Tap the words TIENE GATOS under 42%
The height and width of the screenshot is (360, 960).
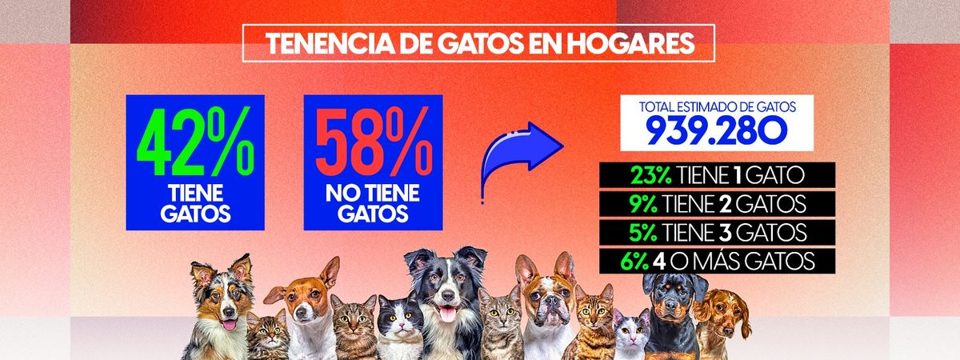point(195,205)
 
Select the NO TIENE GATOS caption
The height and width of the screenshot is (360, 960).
point(374,205)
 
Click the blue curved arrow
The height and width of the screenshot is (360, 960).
point(520,156)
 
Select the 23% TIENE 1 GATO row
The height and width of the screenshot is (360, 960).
point(717,174)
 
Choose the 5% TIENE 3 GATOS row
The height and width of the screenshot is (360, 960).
point(717,232)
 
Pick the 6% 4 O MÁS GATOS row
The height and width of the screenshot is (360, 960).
point(717,261)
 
